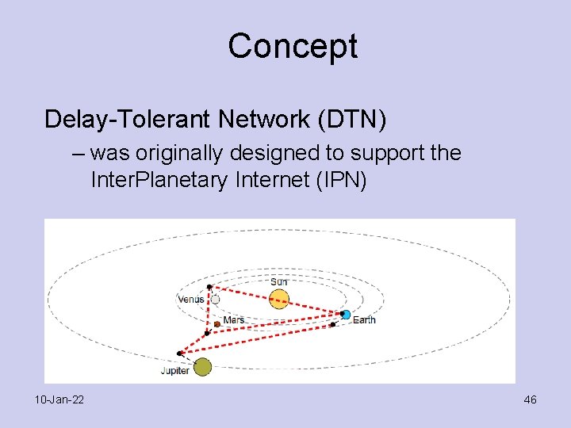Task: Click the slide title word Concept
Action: [293, 46]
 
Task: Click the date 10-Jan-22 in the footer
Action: [59, 399]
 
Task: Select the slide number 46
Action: [530, 399]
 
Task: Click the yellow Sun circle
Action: [278, 299]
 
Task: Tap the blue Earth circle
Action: [346, 315]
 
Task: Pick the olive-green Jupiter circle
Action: [202, 366]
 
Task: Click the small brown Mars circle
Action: [217, 323]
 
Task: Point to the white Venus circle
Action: [214, 300]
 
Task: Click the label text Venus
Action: [191, 300]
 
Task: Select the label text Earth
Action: [364, 320]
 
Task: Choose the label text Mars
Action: [234, 320]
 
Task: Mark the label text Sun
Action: [279, 282]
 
